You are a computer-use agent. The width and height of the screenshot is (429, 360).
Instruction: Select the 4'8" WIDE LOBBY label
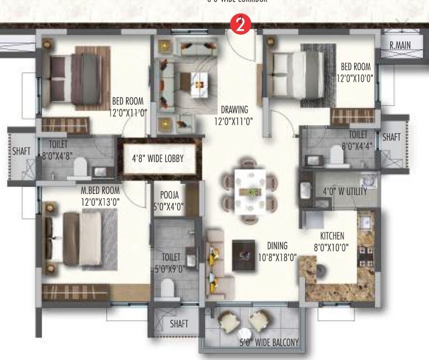pos(158,159)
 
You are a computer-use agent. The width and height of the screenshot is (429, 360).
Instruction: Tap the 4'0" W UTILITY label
pos(345,192)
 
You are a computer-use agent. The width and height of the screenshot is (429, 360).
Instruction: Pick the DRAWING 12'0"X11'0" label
pos(234,115)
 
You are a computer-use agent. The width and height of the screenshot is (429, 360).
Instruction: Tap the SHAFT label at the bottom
pos(179,324)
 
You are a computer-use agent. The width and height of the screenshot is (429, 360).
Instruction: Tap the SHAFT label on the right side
pos(392,137)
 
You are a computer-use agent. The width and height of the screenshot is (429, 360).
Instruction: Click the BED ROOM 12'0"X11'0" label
pos(127,107)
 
